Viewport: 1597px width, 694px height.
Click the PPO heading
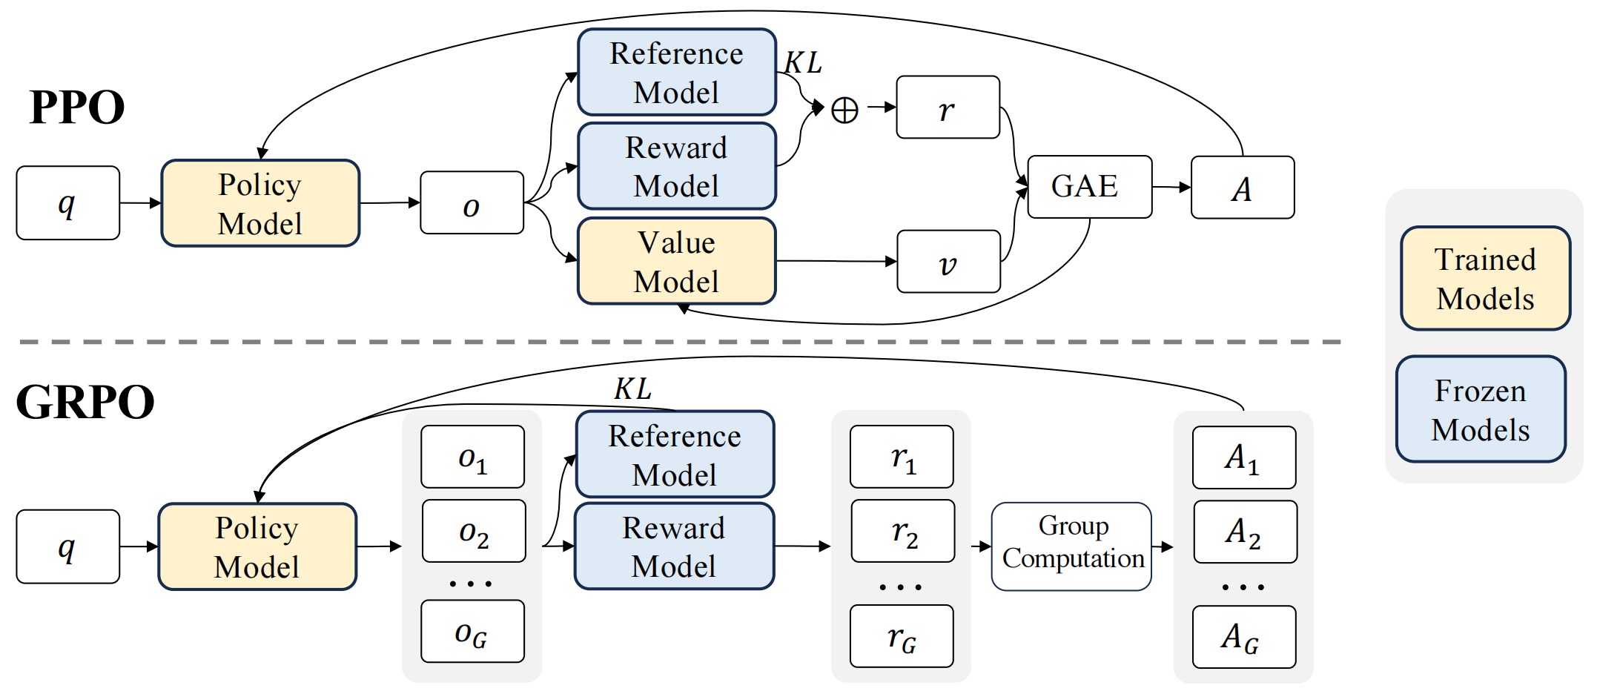(x=77, y=108)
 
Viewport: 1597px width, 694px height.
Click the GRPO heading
(x=85, y=403)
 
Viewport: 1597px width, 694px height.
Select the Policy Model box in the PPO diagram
(x=260, y=203)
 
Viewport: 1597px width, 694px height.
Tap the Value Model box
(x=677, y=261)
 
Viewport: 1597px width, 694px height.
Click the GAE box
(x=1090, y=187)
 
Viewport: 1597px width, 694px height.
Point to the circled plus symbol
(x=844, y=110)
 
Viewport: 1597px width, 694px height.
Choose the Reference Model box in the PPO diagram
(x=677, y=72)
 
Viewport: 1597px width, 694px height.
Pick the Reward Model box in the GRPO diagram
(x=674, y=546)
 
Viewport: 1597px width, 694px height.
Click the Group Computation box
(x=1072, y=546)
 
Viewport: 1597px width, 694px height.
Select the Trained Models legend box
(x=1486, y=278)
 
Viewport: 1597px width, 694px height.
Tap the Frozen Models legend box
(x=1481, y=409)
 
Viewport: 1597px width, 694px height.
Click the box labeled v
(x=948, y=262)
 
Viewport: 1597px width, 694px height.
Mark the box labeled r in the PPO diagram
(x=948, y=108)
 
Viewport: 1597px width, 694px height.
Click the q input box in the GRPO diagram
(x=68, y=546)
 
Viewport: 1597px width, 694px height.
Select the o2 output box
(x=474, y=531)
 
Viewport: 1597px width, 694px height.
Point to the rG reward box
(x=902, y=636)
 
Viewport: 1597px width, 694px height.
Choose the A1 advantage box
(x=1244, y=457)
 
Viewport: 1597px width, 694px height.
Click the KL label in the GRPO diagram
(x=633, y=389)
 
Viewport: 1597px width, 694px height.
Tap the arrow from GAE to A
(x=1171, y=188)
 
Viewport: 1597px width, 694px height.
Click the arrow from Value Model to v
(x=836, y=261)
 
